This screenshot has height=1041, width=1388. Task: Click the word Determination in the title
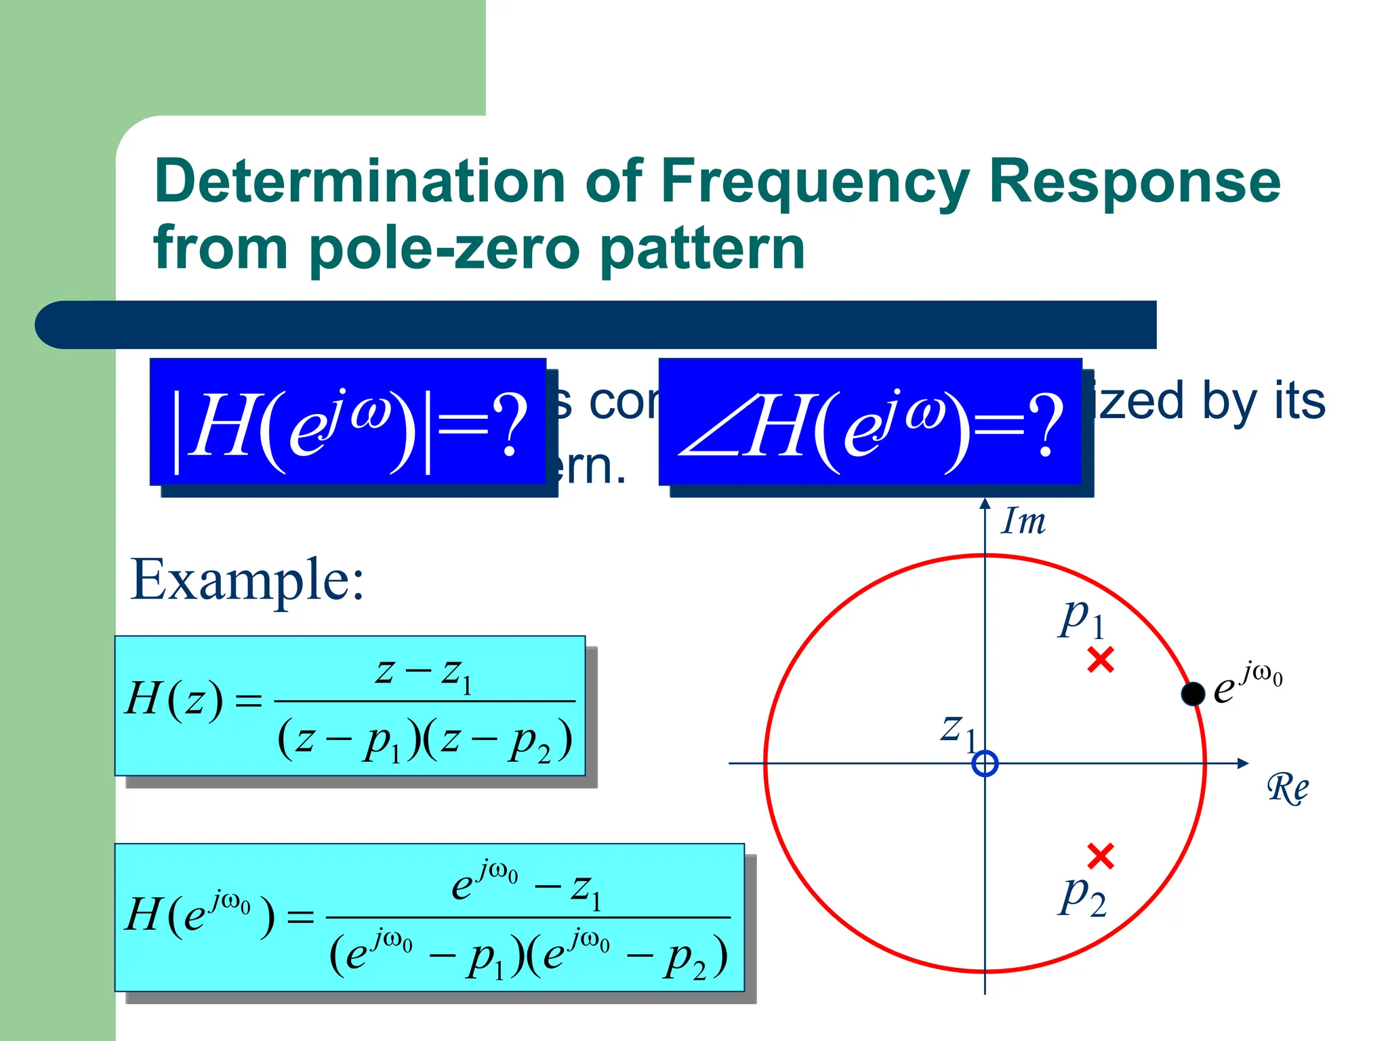click(x=360, y=181)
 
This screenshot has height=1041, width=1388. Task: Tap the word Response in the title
click(x=1135, y=181)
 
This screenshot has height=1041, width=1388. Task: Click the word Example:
click(x=247, y=580)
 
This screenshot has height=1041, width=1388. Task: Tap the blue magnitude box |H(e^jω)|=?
click(x=348, y=422)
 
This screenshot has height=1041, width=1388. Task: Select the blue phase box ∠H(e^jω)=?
click(x=870, y=422)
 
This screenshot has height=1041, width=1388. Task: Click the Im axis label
click(x=1023, y=522)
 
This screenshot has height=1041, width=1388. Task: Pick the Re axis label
click(x=1287, y=788)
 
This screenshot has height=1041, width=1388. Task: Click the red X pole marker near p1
click(x=1101, y=659)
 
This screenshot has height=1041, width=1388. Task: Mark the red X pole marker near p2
click(x=1101, y=856)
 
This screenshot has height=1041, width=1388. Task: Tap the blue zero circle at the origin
click(x=985, y=764)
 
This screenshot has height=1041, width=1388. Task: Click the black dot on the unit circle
click(x=1193, y=693)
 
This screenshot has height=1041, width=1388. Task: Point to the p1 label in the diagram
click(x=1082, y=619)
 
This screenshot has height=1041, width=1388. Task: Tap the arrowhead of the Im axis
click(x=985, y=504)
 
